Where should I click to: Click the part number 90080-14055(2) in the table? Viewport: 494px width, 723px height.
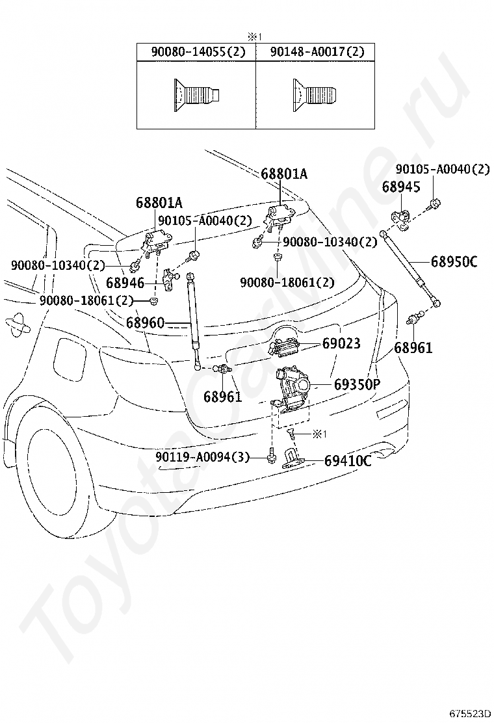click(x=199, y=51)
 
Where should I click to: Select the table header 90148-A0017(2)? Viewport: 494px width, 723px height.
click(x=317, y=51)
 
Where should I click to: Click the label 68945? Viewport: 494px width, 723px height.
click(x=401, y=187)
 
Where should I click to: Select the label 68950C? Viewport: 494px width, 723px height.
click(x=454, y=262)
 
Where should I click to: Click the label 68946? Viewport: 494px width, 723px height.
click(x=125, y=282)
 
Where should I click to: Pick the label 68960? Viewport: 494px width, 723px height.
click(x=145, y=322)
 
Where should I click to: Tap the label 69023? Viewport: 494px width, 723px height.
click(x=341, y=343)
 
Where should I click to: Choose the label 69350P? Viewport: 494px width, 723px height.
click(x=357, y=384)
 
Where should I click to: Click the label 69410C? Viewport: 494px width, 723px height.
click(x=348, y=460)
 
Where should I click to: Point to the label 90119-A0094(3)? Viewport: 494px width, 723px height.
click(x=202, y=457)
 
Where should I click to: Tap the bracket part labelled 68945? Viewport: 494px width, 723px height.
click(x=400, y=220)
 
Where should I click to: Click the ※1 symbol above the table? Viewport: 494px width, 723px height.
click(x=255, y=37)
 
